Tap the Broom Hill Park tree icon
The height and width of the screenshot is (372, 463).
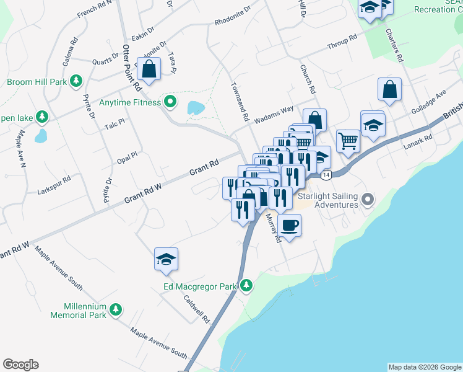(76, 81)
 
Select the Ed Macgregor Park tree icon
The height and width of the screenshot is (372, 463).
(246, 285)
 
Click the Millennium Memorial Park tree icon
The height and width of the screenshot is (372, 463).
(115, 309)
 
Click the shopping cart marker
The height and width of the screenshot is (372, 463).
(348, 140)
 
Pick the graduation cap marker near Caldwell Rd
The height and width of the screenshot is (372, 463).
(166, 259)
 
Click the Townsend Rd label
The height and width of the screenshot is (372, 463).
(240, 102)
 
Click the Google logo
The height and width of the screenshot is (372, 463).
(20, 365)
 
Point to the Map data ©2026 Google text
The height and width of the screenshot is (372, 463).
(425, 367)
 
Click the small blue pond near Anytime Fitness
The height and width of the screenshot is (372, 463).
(195, 108)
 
